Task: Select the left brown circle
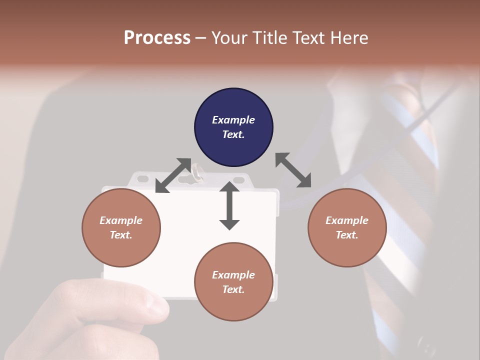(x=121, y=227)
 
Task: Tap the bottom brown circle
(x=233, y=282)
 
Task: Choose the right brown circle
(x=347, y=227)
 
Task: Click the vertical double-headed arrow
(x=229, y=205)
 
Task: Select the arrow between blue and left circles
(x=173, y=175)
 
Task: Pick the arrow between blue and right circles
(x=293, y=170)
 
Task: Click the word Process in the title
(x=157, y=37)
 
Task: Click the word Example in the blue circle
(x=233, y=120)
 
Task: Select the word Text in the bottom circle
(x=232, y=289)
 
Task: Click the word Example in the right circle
(x=347, y=220)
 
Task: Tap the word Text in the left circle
(x=120, y=235)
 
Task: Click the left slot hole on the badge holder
(x=143, y=178)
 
